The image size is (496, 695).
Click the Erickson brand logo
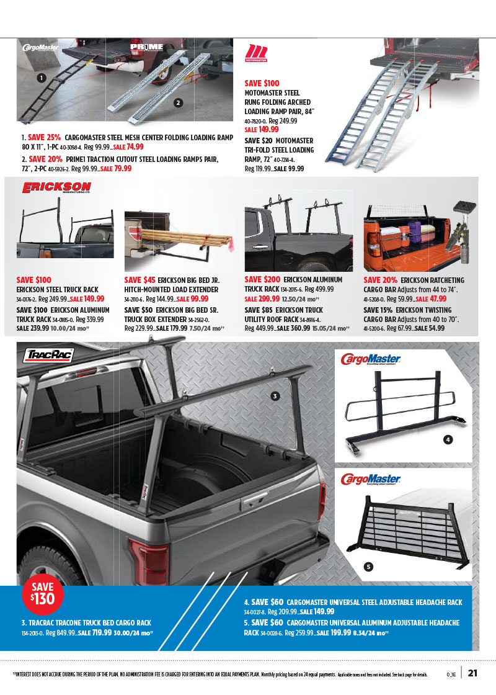(x=56, y=188)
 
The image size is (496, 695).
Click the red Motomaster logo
(x=256, y=53)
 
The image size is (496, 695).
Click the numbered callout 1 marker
(x=41, y=78)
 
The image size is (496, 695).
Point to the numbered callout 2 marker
(x=178, y=102)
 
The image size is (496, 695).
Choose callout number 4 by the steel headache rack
(x=448, y=440)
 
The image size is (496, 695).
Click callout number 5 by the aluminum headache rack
(x=368, y=566)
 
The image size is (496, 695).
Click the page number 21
(x=472, y=673)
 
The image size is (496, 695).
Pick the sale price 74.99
(x=135, y=147)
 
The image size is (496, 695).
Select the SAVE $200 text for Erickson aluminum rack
(x=262, y=280)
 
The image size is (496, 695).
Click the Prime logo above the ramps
(x=146, y=47)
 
